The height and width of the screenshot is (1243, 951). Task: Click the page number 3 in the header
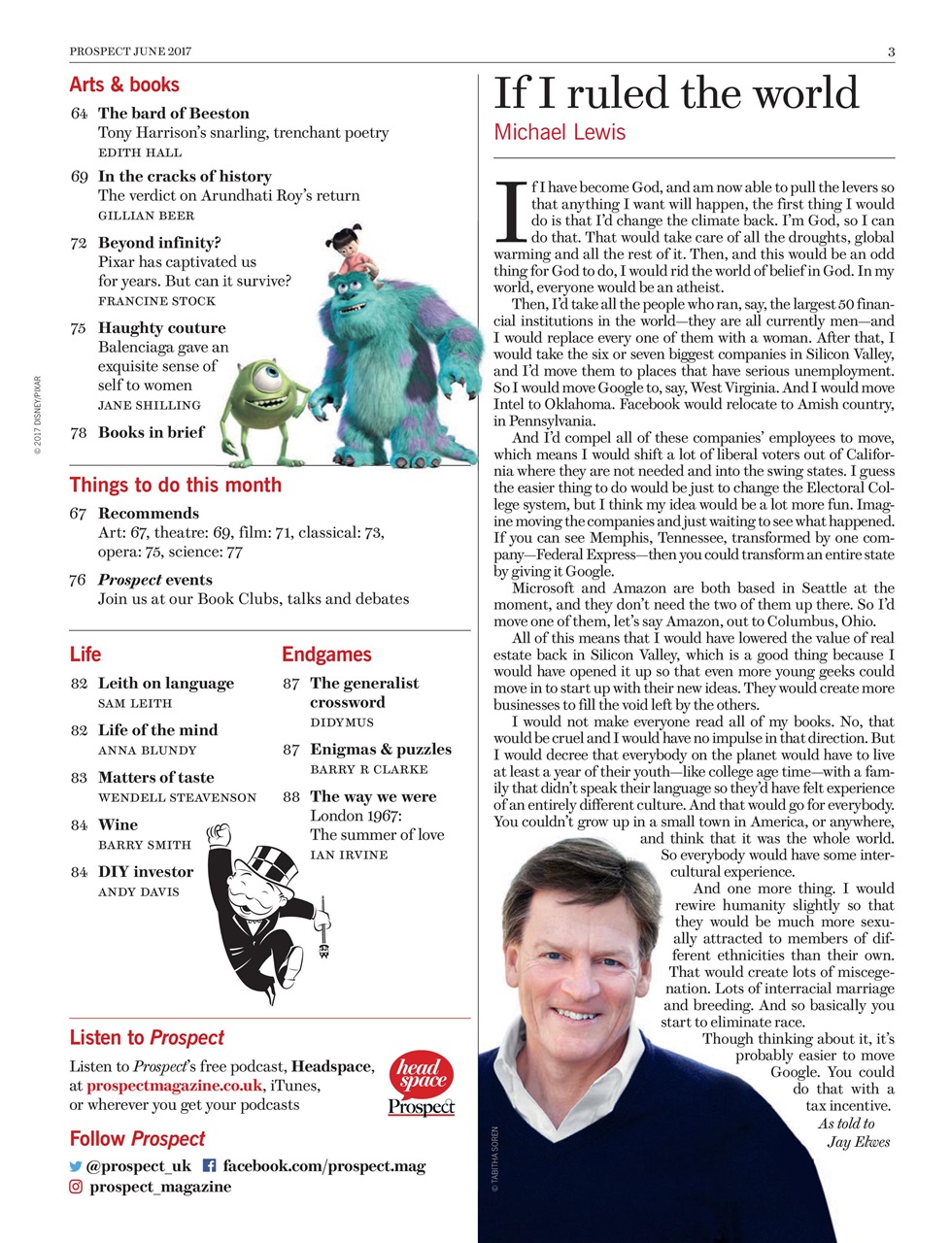pos(891,51)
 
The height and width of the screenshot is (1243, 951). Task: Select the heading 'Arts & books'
pos(124,84)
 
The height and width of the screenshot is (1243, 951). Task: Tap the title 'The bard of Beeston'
pos(173,113)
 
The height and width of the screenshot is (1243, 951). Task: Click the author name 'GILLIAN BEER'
pos(146,216)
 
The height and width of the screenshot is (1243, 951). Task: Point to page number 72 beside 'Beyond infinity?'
pos(79,243)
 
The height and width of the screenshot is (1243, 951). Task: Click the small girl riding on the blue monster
pos(347,251)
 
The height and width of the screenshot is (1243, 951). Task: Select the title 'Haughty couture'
pos(161,328)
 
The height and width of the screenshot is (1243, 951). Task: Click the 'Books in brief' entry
pos(151,432)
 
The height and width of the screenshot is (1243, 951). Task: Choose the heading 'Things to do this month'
pos(175,485)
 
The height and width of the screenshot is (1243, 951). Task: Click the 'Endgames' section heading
pos(326,655)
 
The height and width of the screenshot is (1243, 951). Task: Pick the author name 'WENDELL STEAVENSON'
pos(177,797)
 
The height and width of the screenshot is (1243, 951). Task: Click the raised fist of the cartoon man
pos(220,833)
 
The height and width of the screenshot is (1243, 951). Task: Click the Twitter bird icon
pos(76,1166)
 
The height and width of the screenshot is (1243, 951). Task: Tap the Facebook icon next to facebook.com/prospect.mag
pos(208,1166)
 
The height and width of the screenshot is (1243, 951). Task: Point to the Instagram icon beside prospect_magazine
pos(76,1187)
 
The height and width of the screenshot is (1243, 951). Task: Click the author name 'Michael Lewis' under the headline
pos(560,132)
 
